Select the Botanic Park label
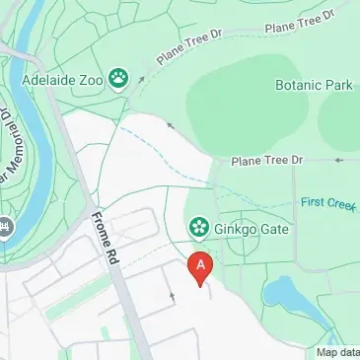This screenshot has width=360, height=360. tap(314, 86)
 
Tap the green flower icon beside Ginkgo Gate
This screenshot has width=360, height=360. tap(198, 229)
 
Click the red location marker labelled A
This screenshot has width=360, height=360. tap(201, 267)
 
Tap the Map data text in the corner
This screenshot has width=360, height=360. tap(336, 352)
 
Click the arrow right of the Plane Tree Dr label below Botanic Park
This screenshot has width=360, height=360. tap(337, 160)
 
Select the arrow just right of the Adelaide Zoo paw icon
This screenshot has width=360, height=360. tap(142, 76)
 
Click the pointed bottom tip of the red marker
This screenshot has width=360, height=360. tap(201, 285)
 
